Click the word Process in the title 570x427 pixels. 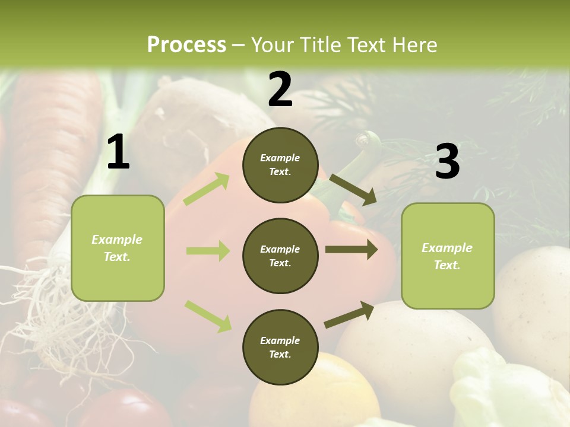186,45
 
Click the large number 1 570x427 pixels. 118,152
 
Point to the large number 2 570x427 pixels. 280,90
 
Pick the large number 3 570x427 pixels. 447,161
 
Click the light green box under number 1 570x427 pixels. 118,248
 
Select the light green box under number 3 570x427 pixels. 448,256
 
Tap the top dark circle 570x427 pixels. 280,165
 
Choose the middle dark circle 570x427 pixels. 280,256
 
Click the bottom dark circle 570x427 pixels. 280,347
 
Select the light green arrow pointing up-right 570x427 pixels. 207,189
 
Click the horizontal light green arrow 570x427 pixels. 208,251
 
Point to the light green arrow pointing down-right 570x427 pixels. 208,316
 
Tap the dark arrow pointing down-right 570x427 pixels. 353,190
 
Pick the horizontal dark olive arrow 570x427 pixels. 351,250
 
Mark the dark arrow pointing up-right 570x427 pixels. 349,314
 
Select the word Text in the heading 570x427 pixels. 367,45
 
